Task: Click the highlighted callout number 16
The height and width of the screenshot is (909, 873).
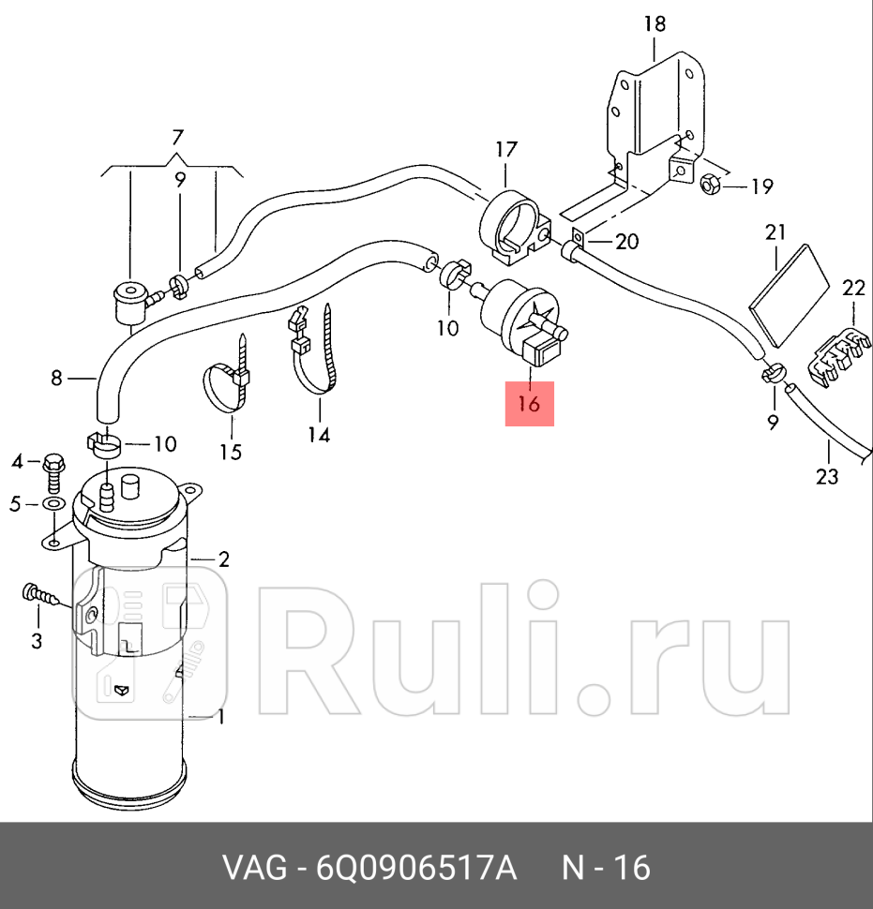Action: (529, 405)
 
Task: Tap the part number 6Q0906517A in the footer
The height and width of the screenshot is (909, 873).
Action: (416, 868)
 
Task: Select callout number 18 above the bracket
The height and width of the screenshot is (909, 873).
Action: (655, 23)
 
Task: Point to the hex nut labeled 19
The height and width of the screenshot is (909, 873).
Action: (710, 184)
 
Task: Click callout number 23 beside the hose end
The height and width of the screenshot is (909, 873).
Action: (825, 477)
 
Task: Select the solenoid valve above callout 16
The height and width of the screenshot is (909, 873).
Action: (523, 321)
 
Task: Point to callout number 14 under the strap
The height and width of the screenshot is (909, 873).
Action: (320, 435)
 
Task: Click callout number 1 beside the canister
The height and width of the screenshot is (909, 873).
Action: (221, 718)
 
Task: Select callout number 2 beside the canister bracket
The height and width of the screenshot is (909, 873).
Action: (224, 559)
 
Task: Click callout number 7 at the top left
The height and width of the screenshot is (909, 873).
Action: (177, 138)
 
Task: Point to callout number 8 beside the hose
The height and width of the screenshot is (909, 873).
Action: (56, 379)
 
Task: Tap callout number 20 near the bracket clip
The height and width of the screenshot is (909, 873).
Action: (626, 242)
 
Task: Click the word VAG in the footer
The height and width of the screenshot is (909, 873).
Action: (253, 868)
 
